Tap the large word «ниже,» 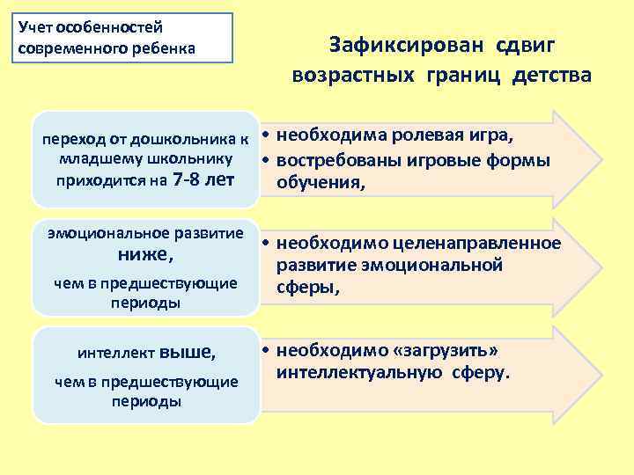point(145,256)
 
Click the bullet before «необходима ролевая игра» point(264,137)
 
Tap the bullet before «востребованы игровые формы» point(264,162)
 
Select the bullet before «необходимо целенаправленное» point(264,244)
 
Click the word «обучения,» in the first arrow point(320,184)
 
